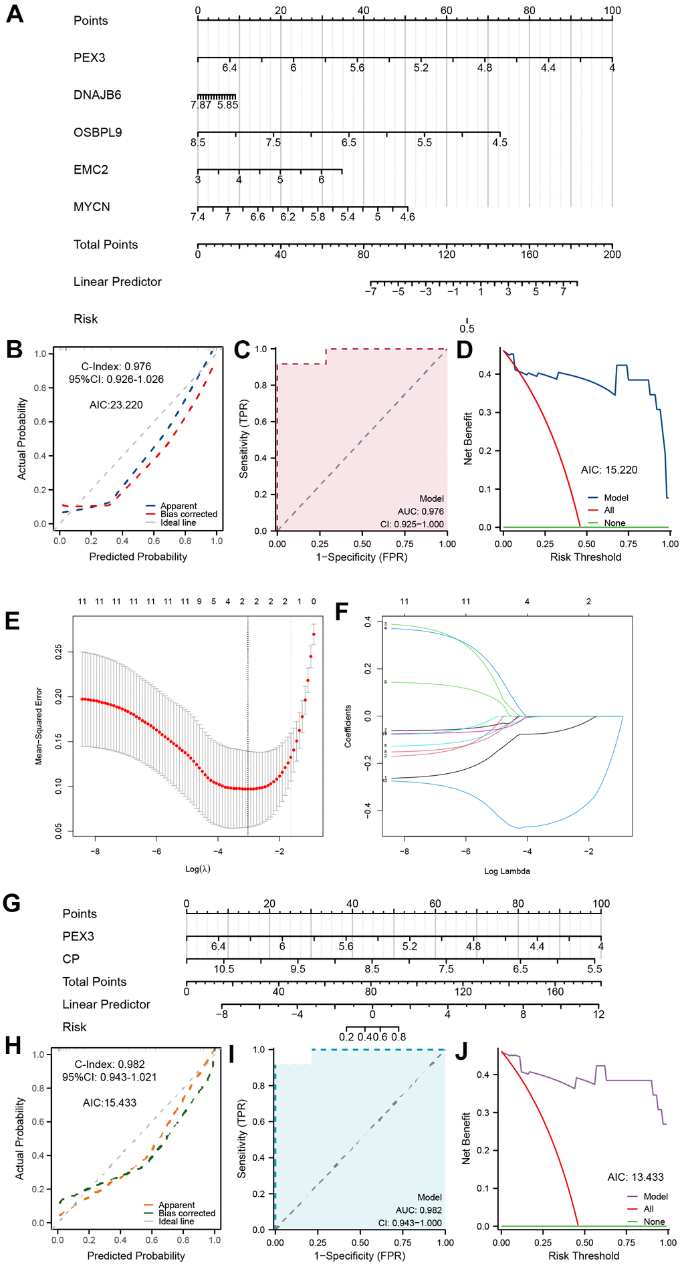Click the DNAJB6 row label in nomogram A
(x=97, y=95)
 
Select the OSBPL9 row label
(x=98, y=132)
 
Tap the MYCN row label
(x=92, y=207)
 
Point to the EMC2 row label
(x=91, y=170)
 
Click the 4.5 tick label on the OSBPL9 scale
(x=499, y=142)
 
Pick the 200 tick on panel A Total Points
(x=612, y=254)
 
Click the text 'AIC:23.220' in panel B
(x=116, y=405)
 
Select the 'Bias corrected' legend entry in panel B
(x=189, y=514)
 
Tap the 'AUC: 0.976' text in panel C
(x=421, y=511)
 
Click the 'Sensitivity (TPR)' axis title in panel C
(x=244, y=439)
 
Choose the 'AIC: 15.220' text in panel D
(x=609, y=470)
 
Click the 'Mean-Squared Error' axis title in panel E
(x=39, y=726)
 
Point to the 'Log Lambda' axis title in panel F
(x=507, y=871)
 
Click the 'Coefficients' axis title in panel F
(x=348, y=726)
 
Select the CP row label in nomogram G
(x=71, y=959)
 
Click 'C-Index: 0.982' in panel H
(x=110, y=1064)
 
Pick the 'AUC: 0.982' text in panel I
(x=419, y=1210)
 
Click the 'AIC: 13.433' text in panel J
(x=635, y=1177)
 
